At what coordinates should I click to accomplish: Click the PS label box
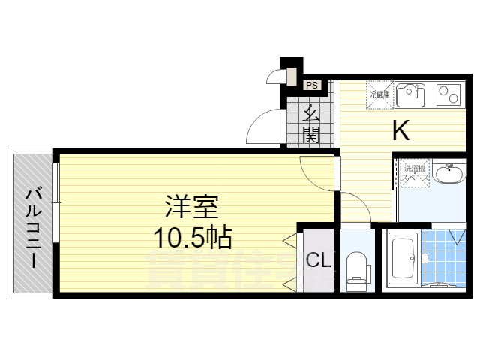(x=312, y=85)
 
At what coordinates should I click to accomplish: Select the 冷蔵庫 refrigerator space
(x=377, y=94)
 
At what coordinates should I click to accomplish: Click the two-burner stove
(x=448, y=95)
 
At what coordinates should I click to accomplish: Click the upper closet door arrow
(x=289, y=241)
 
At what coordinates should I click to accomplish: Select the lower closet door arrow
(x=289, y=283)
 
